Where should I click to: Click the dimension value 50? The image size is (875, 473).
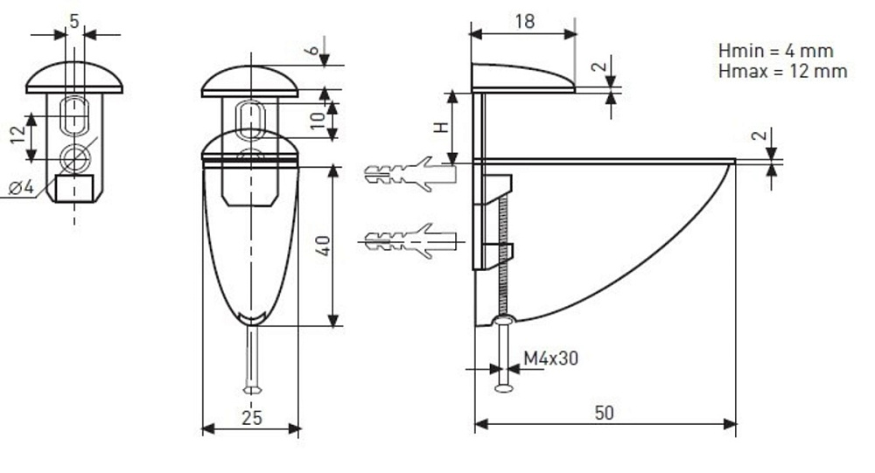(604, 413)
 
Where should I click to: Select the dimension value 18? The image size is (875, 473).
(524, 22)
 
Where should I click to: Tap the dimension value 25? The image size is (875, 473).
(252, 418)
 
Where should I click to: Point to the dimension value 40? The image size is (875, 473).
(324, 246)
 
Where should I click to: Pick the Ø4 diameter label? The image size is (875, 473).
(20, 187)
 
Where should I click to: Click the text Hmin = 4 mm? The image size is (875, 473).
(774, 51)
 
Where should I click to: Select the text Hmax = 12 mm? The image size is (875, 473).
(781, 71)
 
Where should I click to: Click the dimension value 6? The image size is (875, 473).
(312, 51)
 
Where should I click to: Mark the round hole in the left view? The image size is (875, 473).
(74, 158)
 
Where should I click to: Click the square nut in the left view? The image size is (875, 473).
(73, 187)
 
